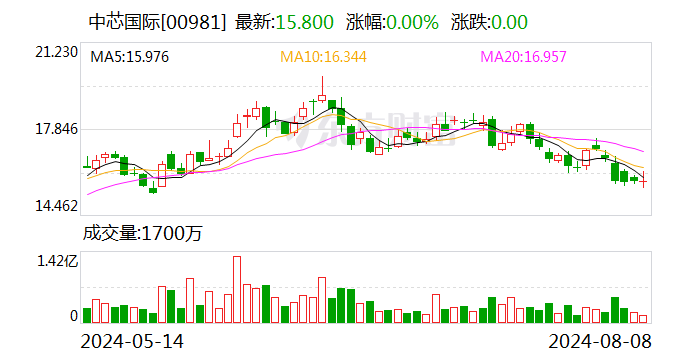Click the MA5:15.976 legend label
[x=130, y=57]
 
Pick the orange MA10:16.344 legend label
[x=323, y=57]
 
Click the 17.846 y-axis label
[x=57, y=129]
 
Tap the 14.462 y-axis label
[x=57, y=206]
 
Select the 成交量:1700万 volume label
[x=142, y=234]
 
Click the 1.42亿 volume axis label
[x=57, y=262]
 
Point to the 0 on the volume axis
[x=73, y=316]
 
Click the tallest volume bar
[x=237, y=290]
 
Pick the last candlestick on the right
[x=644, y=180]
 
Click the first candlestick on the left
[x=87, y=162]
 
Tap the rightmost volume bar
[x=644, y=318]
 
